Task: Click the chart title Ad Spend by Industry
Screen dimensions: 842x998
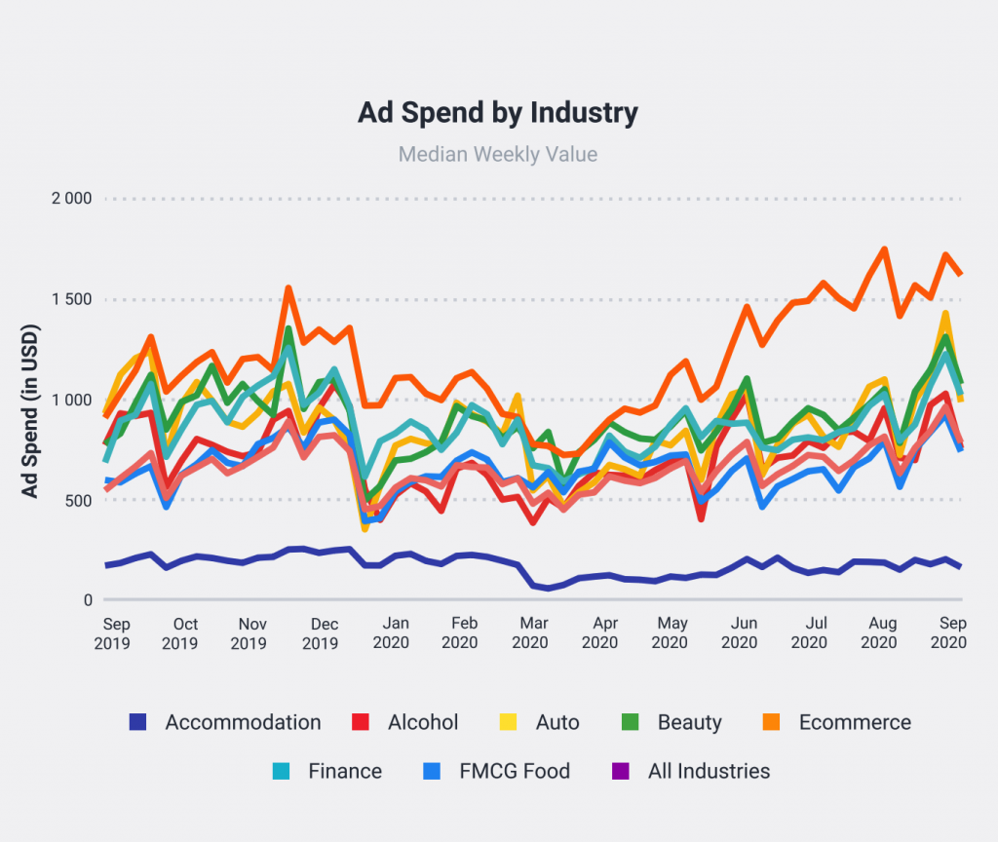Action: click(x=498, y=112)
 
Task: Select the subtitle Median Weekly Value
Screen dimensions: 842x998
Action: click(x=498, y=154)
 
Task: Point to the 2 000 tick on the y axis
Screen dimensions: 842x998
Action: click(x=71, y=199)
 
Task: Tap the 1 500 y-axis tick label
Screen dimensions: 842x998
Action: click(x=71, y=299)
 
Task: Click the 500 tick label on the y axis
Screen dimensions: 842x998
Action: click(x=78, y=500)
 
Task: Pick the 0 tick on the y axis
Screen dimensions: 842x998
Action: click(x=87, y=600)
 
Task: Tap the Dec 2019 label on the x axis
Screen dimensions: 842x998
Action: click(x=321, y=633)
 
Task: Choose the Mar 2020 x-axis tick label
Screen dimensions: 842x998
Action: click(x=530, y=633)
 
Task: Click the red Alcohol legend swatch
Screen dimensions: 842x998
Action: click(x=360, y=722)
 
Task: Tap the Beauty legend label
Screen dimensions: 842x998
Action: click(x=690, y=722)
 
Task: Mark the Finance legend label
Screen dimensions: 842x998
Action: click(x=345, y=771)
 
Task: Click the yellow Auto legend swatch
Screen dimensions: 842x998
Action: click(x=508, y=722)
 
